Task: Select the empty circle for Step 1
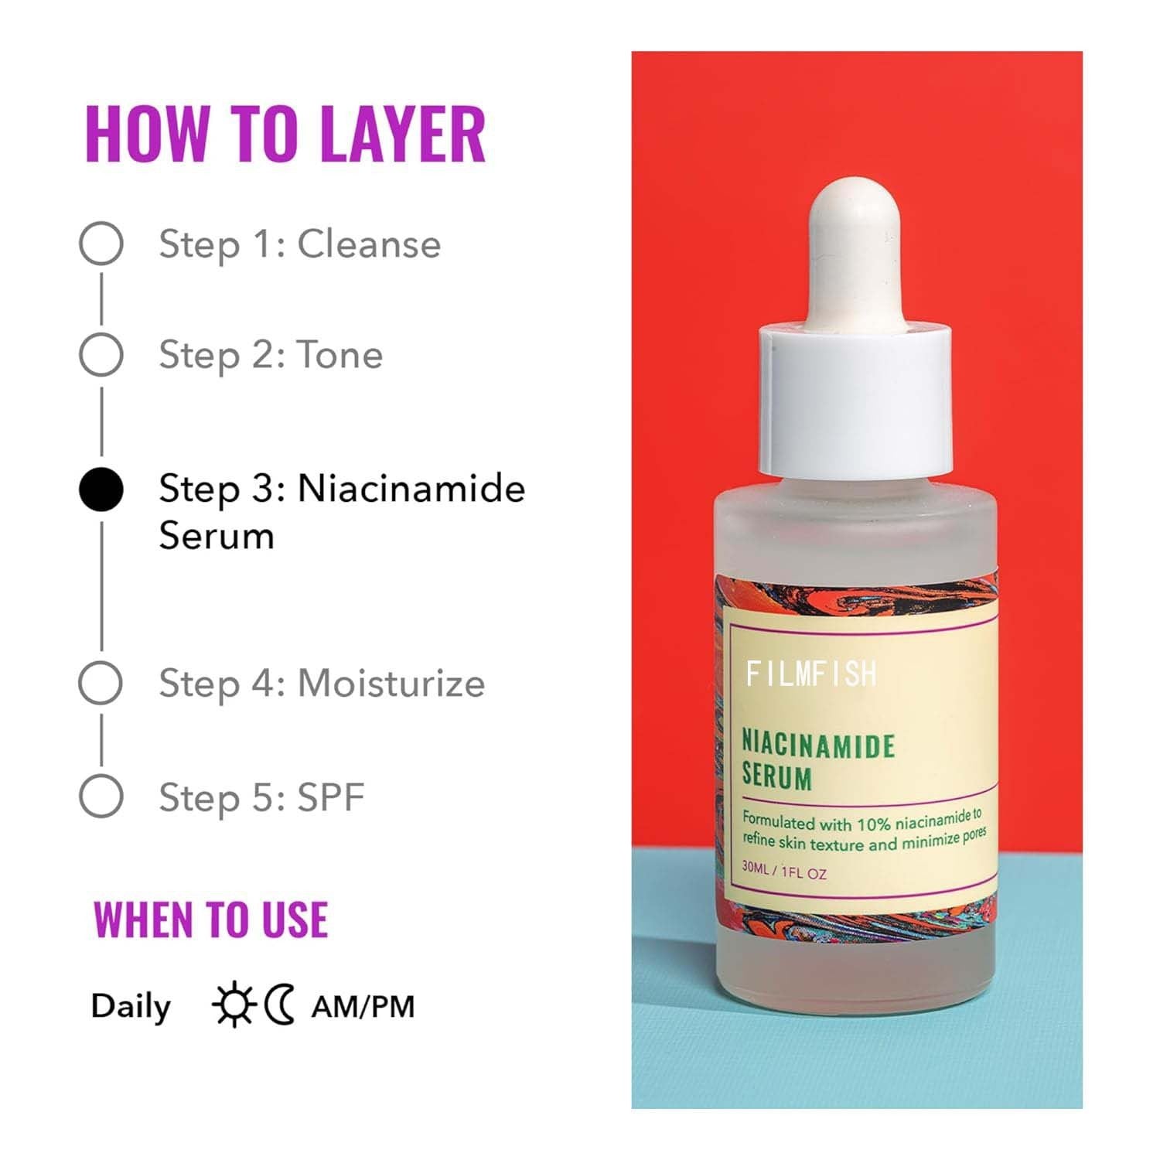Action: [101, 243]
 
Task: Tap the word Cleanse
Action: [369, 244]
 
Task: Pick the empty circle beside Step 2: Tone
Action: [101, 355]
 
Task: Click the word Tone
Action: [340, 355]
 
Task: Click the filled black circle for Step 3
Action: [101, 490]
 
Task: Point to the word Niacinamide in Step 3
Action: [411, 489]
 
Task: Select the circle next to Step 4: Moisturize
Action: [101, 683]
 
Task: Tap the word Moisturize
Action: [391, 684]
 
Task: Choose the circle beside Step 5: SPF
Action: [101, 796]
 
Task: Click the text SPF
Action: [331, 797]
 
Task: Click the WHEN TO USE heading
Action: [211, 919]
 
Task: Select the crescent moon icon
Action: [280, 1005]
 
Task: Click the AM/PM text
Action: [363, 1007]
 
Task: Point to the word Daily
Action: [131, 1007]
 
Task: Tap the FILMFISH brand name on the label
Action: [811, 674]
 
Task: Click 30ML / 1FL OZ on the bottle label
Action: [784, 872]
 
